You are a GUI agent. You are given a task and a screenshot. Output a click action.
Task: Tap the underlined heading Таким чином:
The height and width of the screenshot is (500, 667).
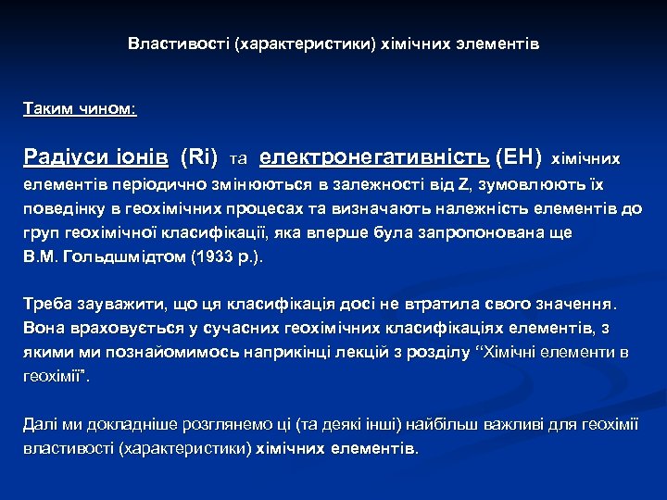(x=80, y=109)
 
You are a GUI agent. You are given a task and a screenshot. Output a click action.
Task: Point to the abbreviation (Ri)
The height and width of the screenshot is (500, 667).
(x=199, y=157)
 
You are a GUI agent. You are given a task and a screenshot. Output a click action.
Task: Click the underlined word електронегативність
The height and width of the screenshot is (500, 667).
(x=375, y=157)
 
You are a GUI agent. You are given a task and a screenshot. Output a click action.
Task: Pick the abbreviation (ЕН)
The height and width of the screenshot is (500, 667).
(x=519, y=157)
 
